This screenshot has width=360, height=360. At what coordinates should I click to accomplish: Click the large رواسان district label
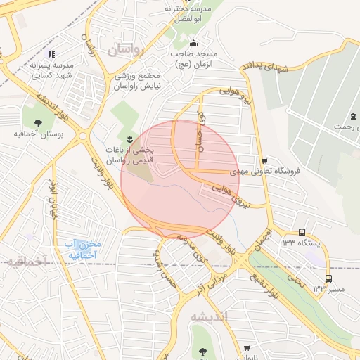[126, 51]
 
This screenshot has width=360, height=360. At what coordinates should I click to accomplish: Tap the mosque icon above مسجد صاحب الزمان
[195, 41]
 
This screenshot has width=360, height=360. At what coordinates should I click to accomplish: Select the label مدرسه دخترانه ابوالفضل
[188, 14]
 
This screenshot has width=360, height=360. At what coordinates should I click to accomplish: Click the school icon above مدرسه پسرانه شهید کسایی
[51, 53]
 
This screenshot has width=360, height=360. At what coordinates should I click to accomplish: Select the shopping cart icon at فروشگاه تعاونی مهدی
[264, 160]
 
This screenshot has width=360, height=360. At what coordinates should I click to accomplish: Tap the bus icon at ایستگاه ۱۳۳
[302, 232]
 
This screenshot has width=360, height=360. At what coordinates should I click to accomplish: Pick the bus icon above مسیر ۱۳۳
[328, 278]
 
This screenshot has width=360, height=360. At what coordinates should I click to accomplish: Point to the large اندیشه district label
[210, 317]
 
